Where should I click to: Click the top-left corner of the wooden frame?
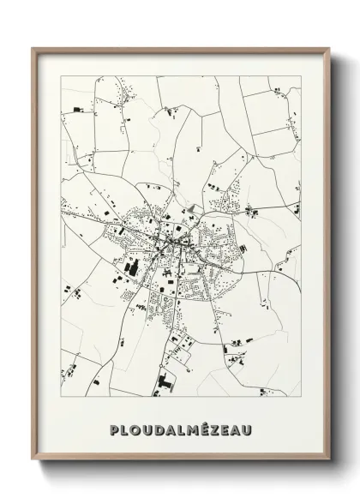33,47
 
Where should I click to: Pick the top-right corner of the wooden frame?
327,47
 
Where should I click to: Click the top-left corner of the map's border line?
62,76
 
